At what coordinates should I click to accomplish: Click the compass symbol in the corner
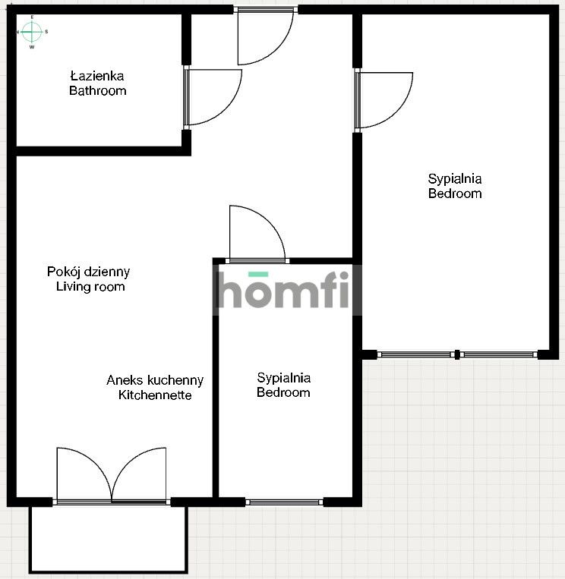[31, 32]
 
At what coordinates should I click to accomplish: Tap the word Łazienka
[96, 77]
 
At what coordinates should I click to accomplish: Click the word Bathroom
[97, 91]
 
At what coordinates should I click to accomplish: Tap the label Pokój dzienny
[88, 272]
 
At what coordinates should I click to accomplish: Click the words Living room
[90, 287]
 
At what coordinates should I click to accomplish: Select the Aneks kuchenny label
[155, 380]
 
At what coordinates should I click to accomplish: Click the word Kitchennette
[155, 395]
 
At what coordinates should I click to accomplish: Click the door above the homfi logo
[257, 234]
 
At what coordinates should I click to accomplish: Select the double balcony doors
[112, 475]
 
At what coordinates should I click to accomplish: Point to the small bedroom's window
[284, 502]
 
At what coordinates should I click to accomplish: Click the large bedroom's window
[457, 354]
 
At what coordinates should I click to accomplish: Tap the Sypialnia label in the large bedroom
[455, 179]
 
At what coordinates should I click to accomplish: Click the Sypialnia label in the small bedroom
[283, 378]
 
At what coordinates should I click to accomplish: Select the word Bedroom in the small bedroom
[283, 393]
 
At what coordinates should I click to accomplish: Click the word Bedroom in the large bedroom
[455, 194]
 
